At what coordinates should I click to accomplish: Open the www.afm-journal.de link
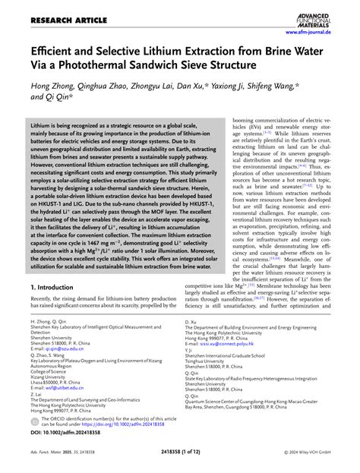[x=322, y=33]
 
